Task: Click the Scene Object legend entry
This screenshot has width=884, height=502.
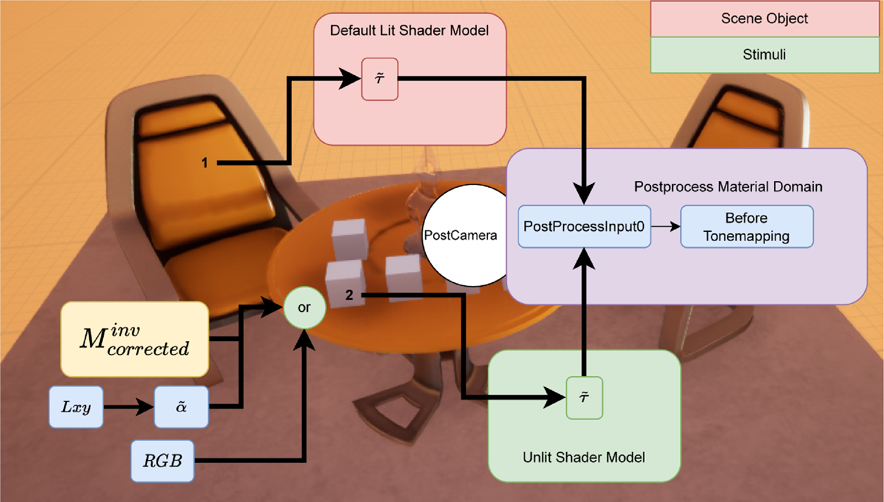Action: tap(765, 19)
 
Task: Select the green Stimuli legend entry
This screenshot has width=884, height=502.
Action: tap(765, 55)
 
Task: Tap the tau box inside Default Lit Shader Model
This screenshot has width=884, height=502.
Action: tap(380, 79)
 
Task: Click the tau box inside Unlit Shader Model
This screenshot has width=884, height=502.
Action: tap(584, 398)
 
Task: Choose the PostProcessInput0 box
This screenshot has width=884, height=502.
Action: tap(584, 226)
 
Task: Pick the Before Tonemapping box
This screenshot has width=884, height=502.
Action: tap(746, 226)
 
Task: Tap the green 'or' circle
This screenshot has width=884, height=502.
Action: tap(304, 308)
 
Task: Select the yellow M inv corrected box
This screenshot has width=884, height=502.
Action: tap(135, 339)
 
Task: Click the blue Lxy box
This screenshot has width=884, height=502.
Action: tap(76, 407)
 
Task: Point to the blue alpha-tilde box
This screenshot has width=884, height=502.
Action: tap(181, 407)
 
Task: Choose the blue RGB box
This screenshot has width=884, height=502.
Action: tap(162, 461)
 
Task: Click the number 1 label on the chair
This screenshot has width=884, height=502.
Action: tap(204, 163)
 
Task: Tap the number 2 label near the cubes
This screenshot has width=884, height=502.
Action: tap(349, 295)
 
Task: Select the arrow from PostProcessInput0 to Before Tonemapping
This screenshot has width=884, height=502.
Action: tap(666, 226)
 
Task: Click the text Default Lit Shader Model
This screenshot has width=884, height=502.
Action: tap(409, 30)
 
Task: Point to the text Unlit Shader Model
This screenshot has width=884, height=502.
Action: tap(584, 457)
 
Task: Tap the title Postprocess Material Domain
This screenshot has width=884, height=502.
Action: tap(728, 187)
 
